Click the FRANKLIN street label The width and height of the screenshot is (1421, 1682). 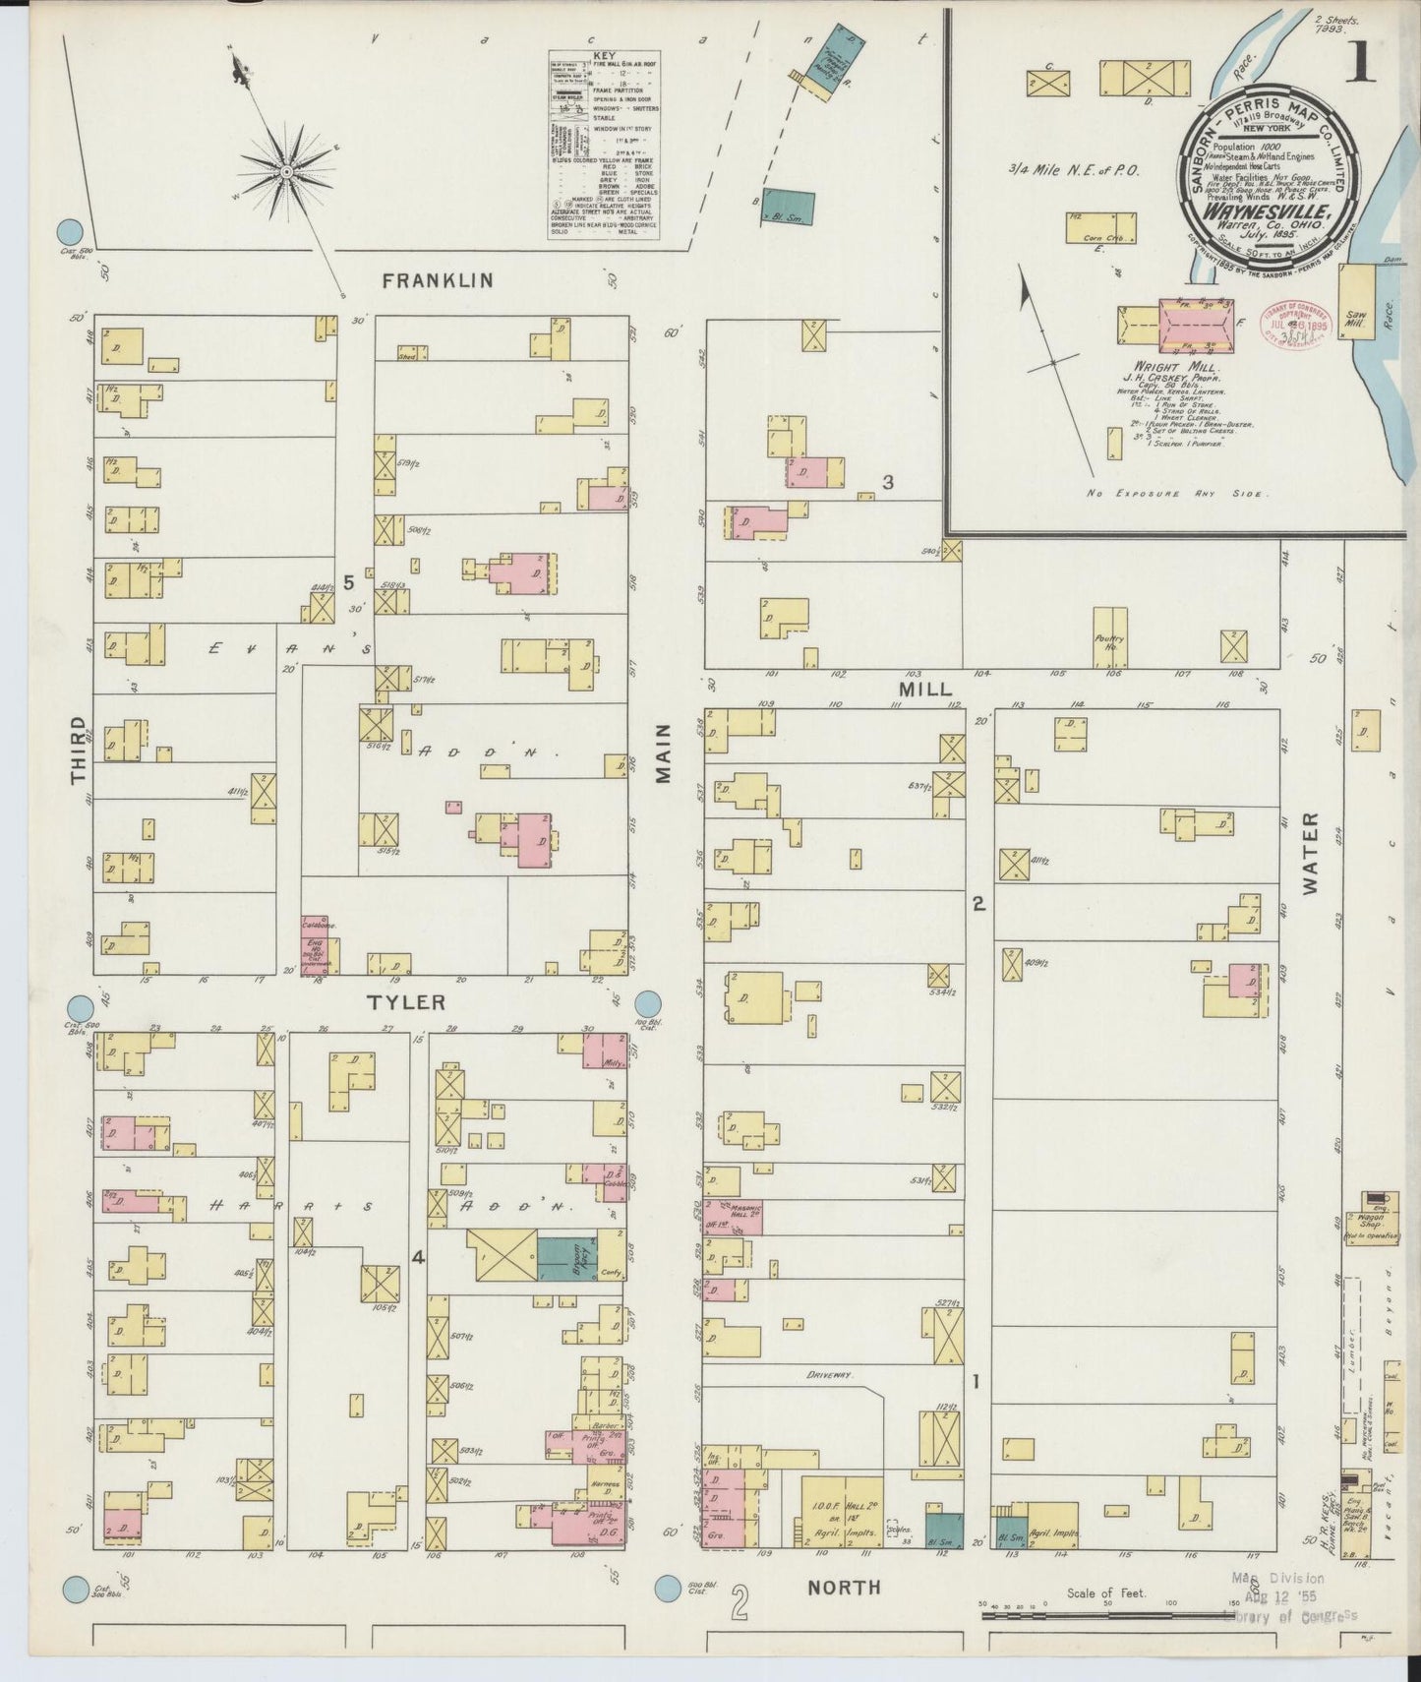pyautogui.click(x=437, y=281)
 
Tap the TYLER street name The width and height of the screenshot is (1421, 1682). pyautogui.click(x=406, y=1002)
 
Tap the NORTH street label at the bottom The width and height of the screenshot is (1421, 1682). pyautogui.click(x=844, y=1614)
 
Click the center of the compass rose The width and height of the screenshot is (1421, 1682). pyautogui.click(x=286, y=172)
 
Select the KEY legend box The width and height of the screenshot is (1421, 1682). pyautogui.click(x=603, y=145)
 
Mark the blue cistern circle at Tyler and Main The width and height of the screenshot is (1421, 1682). pyautogui.click(x=648, y=1005)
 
